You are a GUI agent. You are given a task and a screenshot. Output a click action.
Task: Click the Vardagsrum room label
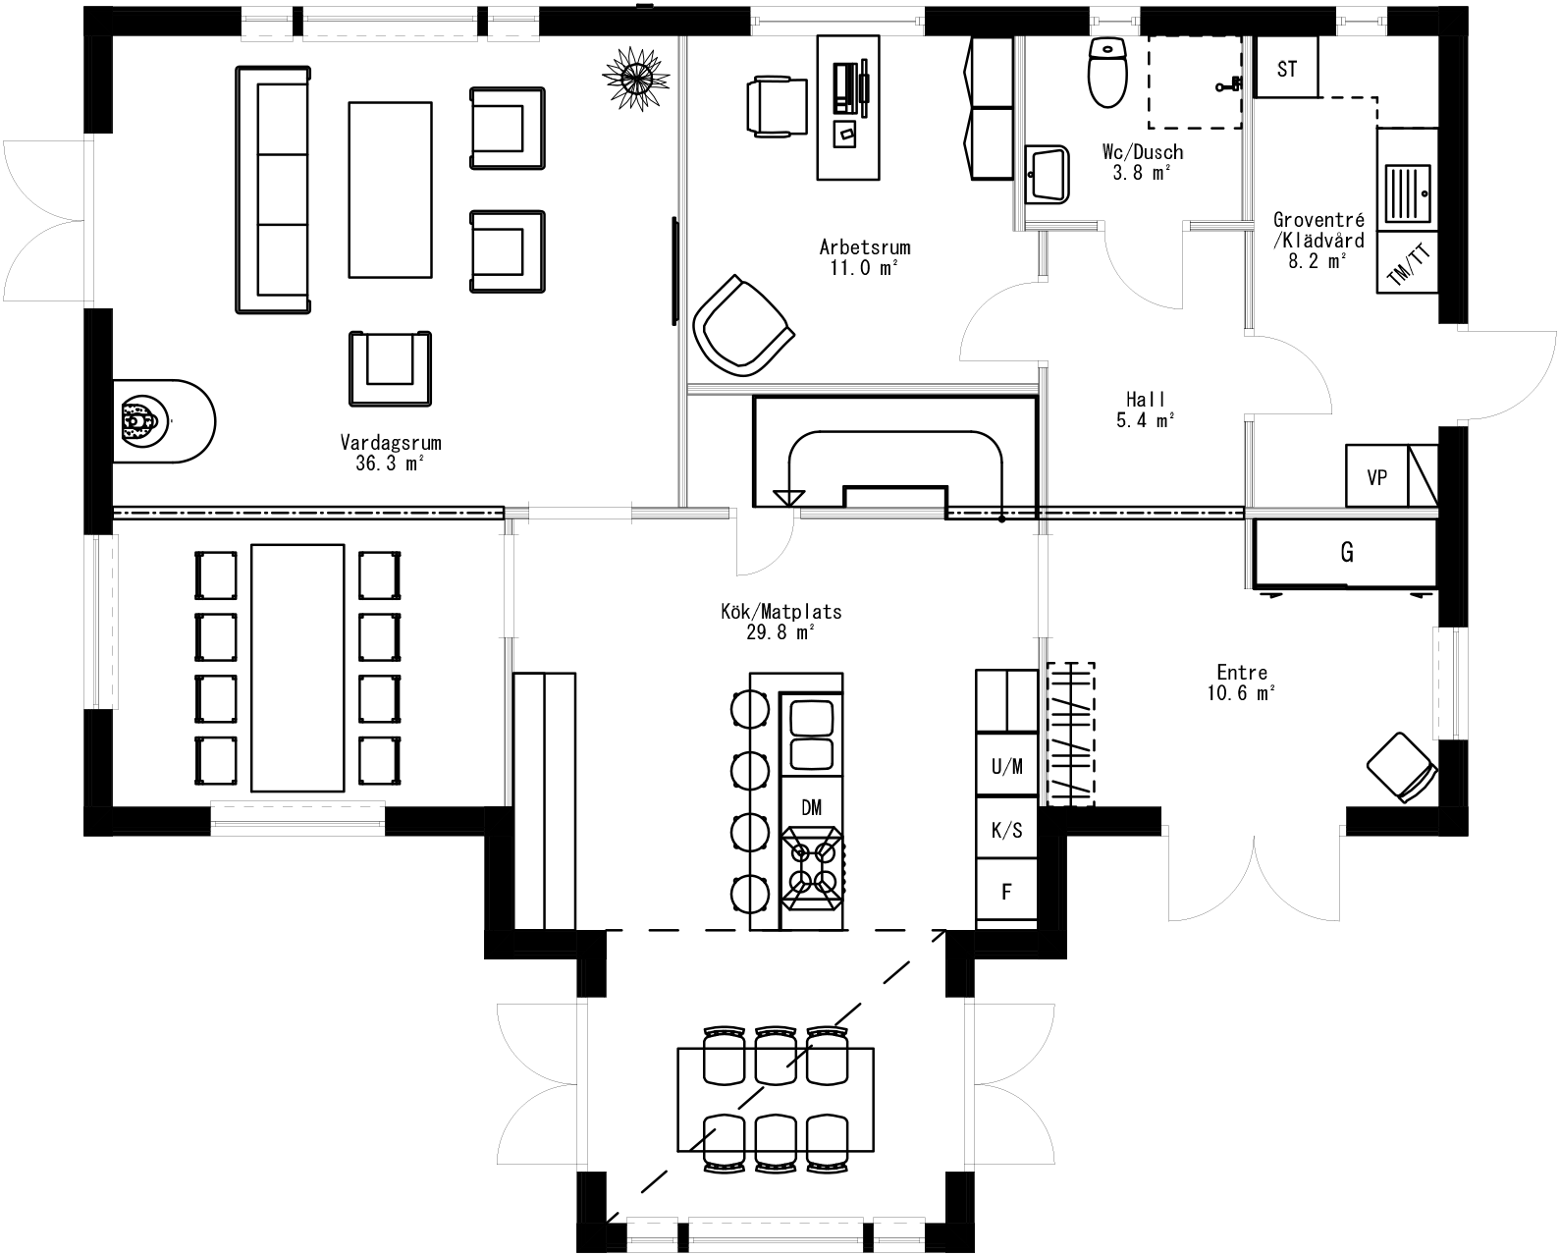(390, 453)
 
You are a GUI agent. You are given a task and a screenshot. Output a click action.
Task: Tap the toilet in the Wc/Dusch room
(1107, 73)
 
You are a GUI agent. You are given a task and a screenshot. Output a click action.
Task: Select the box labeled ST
(1286, 69)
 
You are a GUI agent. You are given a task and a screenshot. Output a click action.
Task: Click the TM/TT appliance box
(1408, 263)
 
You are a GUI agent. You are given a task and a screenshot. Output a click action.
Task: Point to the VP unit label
(1376, 477)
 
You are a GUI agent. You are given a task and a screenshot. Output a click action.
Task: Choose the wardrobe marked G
(1346, 553)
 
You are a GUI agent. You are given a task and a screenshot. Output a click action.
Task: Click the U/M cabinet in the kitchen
(1006, 766)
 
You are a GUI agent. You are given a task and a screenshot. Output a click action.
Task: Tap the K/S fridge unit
(1006, 830)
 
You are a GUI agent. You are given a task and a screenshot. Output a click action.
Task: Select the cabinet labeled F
(1006, 892)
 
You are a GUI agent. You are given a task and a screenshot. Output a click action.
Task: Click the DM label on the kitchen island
(811, 807)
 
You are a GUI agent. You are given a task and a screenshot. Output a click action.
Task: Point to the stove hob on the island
(811, 867)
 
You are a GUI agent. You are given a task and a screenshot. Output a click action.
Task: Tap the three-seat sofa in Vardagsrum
(273, 190)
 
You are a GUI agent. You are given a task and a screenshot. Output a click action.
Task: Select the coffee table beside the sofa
(390, 190)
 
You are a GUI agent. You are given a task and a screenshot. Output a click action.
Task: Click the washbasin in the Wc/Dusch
(1048, 175)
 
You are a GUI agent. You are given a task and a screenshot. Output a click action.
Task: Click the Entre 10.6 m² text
(1241, 683)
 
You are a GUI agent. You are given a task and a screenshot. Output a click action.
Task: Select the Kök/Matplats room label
(780, 622)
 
